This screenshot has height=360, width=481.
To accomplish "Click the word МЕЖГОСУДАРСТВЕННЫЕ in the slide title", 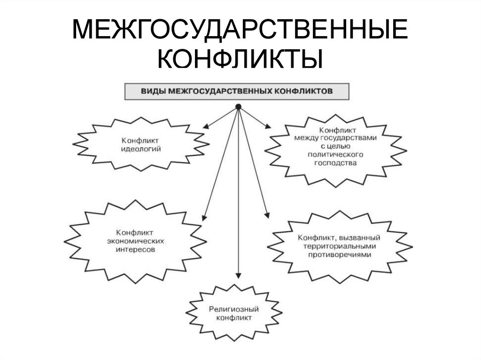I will click(240, 31).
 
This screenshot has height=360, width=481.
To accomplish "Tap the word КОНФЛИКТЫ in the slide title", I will click(240, 60).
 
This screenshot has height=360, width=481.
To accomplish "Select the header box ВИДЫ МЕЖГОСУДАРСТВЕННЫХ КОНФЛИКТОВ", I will click(237, 91).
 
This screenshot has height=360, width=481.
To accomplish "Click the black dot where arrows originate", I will click(238, 107).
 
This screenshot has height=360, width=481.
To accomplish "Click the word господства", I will click(333, 162).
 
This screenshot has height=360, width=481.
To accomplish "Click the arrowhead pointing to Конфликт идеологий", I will click(206, 126).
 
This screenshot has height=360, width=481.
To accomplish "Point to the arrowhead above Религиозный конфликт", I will click(238, 276).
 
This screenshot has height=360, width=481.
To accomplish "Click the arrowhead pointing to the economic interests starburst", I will click(203, 217).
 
